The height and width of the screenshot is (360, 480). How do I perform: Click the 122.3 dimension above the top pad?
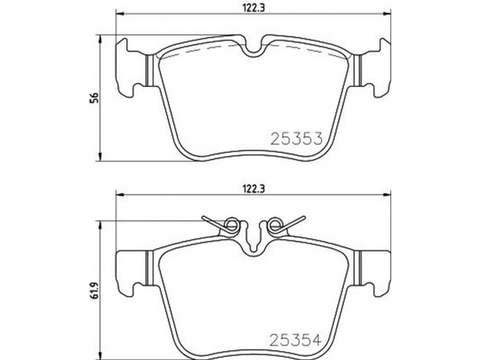pyautogui.click(x=253, y=8)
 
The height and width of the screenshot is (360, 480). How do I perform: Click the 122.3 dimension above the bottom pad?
pyautogui.click(x=253, y=189)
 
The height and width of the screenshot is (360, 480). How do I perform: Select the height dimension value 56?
pyautogui.click(x=95, y=98)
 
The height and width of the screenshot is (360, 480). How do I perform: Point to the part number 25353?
pyautogui.click(x=296, y=139)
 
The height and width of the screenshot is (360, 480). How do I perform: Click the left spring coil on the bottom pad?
pyautogui.click(x=231, y=226)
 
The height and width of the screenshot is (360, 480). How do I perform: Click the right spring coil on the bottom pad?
pyautogui.click(x=274, y=226)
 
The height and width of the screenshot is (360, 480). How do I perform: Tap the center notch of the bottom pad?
pyautogui.click(x=253, y=245)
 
